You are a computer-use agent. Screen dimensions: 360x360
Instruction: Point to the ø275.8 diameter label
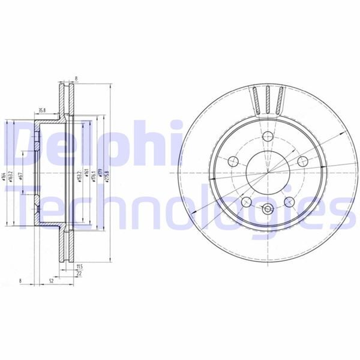click(107, 174)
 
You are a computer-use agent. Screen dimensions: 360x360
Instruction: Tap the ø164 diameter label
click(4, 177)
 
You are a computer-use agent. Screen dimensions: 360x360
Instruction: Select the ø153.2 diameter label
click(79, 176)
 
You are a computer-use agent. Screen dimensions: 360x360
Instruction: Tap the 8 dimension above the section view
click(77, 77)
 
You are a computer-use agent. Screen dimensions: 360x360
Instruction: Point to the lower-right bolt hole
click(289, 202)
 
